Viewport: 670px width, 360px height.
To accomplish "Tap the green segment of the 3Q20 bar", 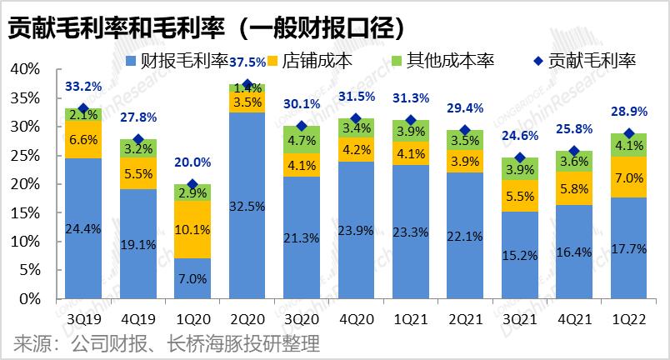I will point(301,140).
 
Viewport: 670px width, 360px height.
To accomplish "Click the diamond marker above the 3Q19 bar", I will point(83,108).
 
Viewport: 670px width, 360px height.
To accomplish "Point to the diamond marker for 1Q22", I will point(629,133).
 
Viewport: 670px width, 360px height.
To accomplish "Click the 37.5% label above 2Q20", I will point(247,62).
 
